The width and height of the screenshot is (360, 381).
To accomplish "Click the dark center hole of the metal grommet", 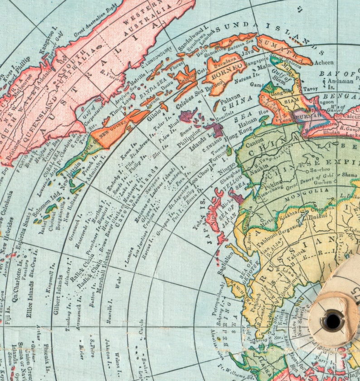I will click(x=333, y=321).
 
